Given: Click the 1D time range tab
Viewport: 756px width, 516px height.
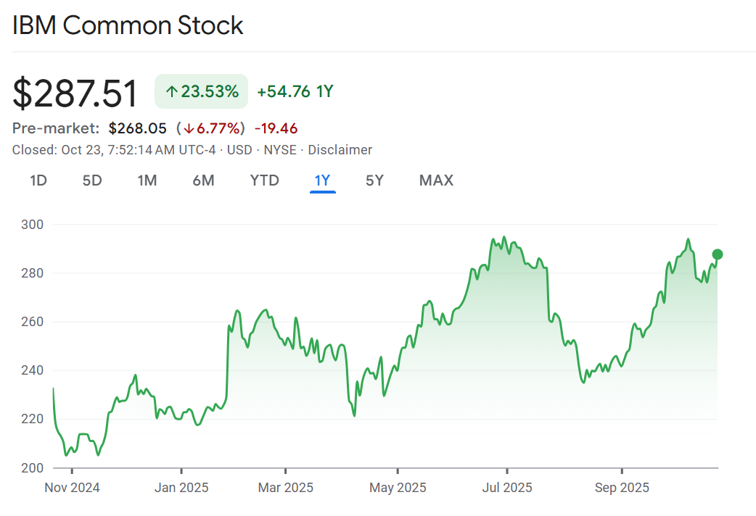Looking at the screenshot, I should (x=38, y=180).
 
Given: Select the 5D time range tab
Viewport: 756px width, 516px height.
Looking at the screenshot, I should (x=92, y=180).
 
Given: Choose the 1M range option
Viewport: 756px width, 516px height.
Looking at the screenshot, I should (x=147, y=180).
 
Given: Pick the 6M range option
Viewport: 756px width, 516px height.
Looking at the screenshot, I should (x=203, y=180).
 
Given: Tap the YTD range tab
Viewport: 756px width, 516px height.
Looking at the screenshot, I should (x=264, y=180).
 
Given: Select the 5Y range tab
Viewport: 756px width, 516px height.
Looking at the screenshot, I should (x=374, y=180).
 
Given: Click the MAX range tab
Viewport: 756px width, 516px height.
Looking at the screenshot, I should (x=436, y=180).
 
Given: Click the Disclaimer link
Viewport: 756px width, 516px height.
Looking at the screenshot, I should (x=340, y=150).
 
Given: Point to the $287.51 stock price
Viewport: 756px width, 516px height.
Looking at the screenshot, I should (x=75, y=93).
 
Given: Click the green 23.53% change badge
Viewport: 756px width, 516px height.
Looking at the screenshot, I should (x=201, y=91).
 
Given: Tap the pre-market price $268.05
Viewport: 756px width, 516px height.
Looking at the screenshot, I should (x=138, y=128).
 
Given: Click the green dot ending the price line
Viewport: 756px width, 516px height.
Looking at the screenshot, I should (x=718, y=254).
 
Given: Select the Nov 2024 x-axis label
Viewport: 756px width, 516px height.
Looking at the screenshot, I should (x=72, y=487).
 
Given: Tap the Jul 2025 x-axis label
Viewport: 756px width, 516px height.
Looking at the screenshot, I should (x=506, y=487).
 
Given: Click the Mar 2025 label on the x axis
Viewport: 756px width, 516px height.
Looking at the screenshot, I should (x=286, y=487).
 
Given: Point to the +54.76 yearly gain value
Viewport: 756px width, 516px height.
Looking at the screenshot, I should (x=284, y=91).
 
